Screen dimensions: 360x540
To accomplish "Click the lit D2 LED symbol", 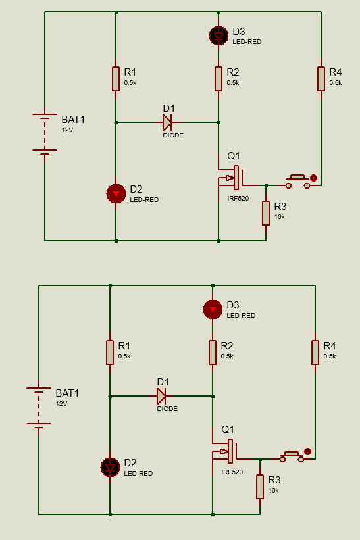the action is [x=116, y=193].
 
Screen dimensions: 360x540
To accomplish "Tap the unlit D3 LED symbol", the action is [x=219, y=36].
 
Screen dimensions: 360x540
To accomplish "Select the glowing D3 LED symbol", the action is [x=213, y=309].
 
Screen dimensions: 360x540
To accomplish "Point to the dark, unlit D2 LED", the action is [x=110, y=468].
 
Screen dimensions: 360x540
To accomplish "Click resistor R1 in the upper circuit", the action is [x=116, y=79].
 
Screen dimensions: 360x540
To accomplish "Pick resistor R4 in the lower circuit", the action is [x=315, y=353].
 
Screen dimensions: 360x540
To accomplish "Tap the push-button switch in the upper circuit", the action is [x=297, y=182].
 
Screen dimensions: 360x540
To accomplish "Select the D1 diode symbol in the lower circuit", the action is [x=161, y=396].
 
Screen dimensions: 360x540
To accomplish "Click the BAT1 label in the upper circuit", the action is [x=73, y=120].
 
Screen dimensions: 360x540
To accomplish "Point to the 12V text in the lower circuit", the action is [x=61, y=404].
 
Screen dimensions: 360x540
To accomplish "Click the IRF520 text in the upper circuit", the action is [x=238, y=199].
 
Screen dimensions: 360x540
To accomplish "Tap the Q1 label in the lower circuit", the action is [x=227, y=430].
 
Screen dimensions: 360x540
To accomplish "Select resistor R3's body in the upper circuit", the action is [x=266, y=213].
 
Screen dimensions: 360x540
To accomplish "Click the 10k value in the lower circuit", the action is [x=274, y=491].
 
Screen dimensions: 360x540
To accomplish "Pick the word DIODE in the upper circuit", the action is [x=173, y=135].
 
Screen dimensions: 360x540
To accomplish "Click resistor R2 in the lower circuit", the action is [x=213, y=353].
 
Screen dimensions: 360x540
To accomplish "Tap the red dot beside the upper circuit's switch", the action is [x=313, y=178].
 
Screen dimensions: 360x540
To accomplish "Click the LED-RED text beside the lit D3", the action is [x=241, y=316].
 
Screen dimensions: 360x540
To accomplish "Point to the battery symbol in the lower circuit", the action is [x=39, y=406].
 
